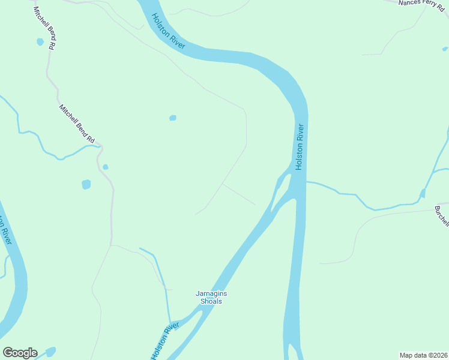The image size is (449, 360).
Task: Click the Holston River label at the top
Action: pyautogui.click(x=168, y=31)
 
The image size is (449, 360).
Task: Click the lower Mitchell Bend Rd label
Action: pyautogui.click(x=77, y=124)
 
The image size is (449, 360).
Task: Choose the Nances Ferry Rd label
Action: pyautogui.click(x=424, y=4)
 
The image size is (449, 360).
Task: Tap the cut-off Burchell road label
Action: pyautogui.click(x=442, y=217)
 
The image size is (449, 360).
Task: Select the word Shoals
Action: pyautogui.click(x=211, y=301)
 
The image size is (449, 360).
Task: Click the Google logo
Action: pyautogui.click(x=20, y=353)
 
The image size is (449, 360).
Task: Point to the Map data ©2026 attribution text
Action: pyautogui.click(x=423, y=355)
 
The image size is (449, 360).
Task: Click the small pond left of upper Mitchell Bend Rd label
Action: pyautogui.click(x=40, y=42)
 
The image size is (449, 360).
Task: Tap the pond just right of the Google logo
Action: pyautogui.click(x=50, y=351)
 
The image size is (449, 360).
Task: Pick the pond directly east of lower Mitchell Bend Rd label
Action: pyautogui.click(x=173, y=118)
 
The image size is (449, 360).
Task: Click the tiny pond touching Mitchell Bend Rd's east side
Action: pyautogui.click(x=106, y=167)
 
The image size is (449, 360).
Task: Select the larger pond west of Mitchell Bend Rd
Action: pyautogui.click(x=86, y=184)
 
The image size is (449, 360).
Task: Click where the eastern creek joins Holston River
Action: pyautogui.click(x=307, y=181)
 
